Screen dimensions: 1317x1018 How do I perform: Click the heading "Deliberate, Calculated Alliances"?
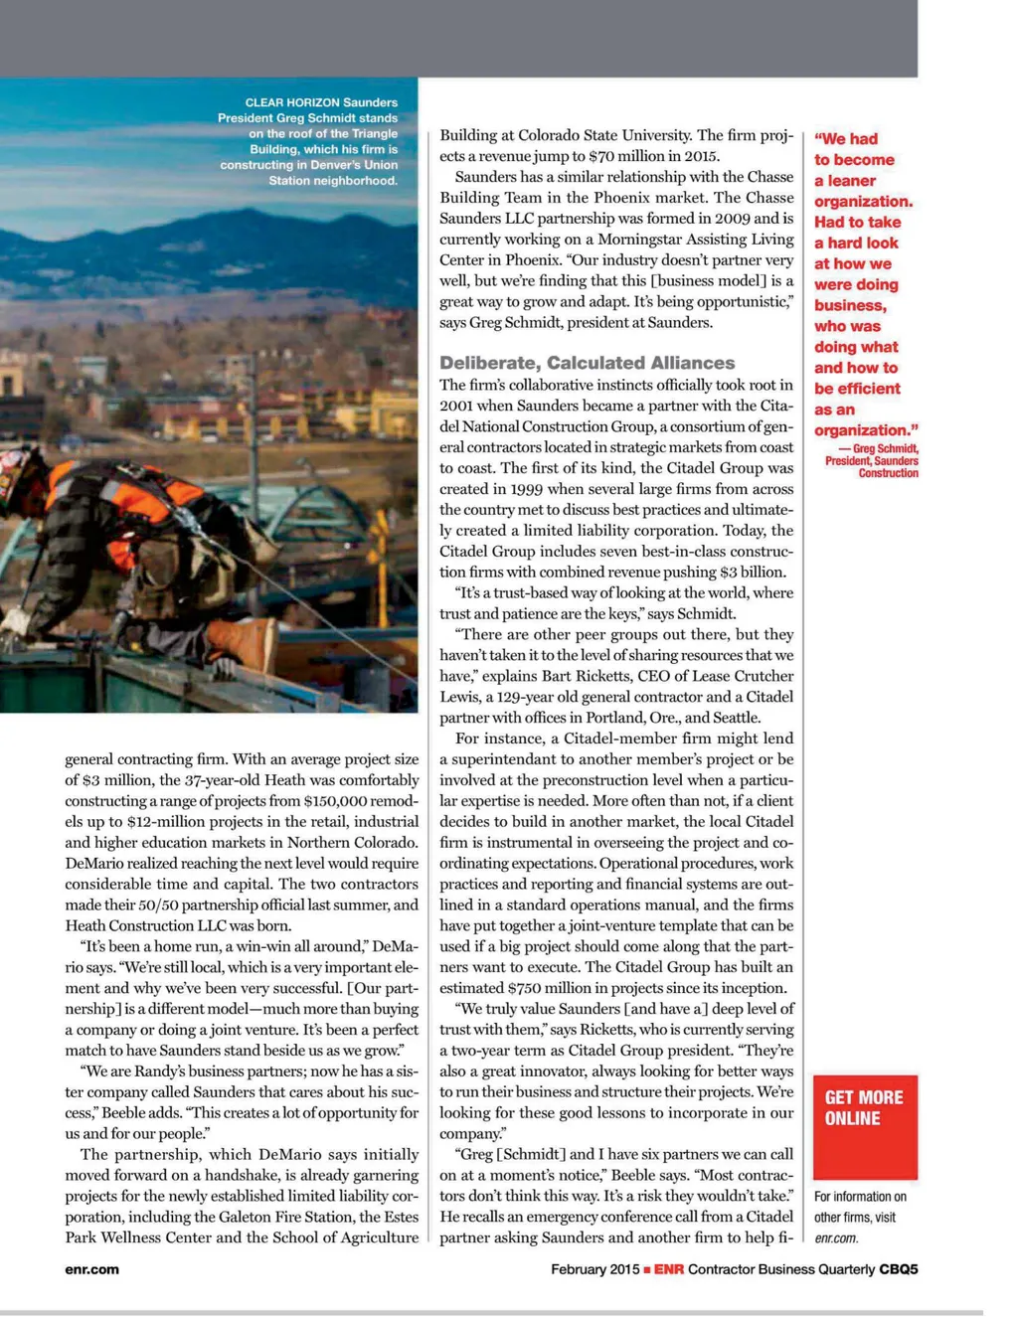(587, 363)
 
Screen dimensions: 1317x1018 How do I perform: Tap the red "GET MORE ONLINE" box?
(865, 1126)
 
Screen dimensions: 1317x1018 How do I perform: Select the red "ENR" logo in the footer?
(668, 1269)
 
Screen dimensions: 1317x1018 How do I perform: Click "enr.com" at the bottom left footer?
(91, 1269)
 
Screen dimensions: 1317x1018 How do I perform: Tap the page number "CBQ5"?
(898, 1269)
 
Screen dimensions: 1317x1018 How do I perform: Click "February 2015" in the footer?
(595, 1269)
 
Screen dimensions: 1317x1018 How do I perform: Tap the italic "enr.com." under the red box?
(836, 1238)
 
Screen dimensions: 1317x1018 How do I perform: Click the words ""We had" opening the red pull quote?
(846, 139)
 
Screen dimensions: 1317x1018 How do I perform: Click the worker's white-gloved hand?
(15, 621)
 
